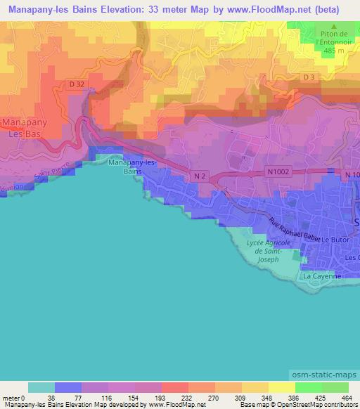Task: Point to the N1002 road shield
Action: pos(278,170)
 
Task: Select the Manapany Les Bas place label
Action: pos(25,127)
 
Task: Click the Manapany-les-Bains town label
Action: pos(133,167)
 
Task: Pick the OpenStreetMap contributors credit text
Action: pos(317,405)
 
